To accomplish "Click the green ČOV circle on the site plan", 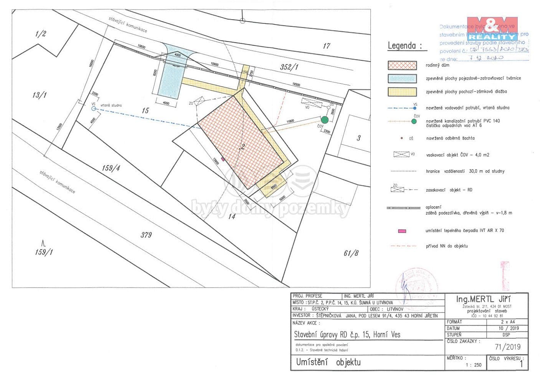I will click(x=325, y=120).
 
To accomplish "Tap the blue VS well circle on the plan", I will click(x=93, y=109).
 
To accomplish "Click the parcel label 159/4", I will click(x=111, y=168).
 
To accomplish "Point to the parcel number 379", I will click(x=146, y=235).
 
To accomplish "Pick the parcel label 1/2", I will click(x=40, y=34).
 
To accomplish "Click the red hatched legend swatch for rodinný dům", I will click(x=402, y=65).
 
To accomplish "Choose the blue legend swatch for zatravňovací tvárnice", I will click(x=402, y=78).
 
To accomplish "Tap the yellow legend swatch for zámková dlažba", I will click(x=402, y=92).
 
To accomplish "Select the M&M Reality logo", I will click(x=492, y=28).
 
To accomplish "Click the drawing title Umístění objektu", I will click(x=328, y=362).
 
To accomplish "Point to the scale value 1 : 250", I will click(x=474, y=365).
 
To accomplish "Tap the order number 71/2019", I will click(x=508, y=347).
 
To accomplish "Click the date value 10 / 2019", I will click(x=508, y=328).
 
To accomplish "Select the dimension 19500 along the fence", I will click(x=295, y=84).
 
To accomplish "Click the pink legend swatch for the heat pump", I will click(x=402, y=231).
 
